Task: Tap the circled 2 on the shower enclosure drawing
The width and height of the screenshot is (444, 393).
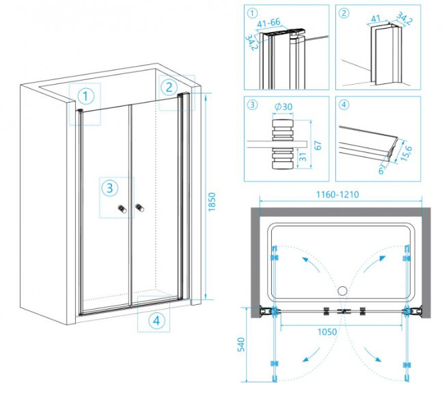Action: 168,87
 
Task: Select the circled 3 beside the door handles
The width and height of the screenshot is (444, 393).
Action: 109,188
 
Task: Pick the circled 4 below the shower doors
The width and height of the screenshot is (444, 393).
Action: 157,319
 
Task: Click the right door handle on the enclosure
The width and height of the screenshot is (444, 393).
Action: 139,206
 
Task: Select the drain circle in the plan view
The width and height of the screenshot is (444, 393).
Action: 340,290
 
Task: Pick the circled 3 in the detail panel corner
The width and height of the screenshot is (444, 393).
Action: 253,105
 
